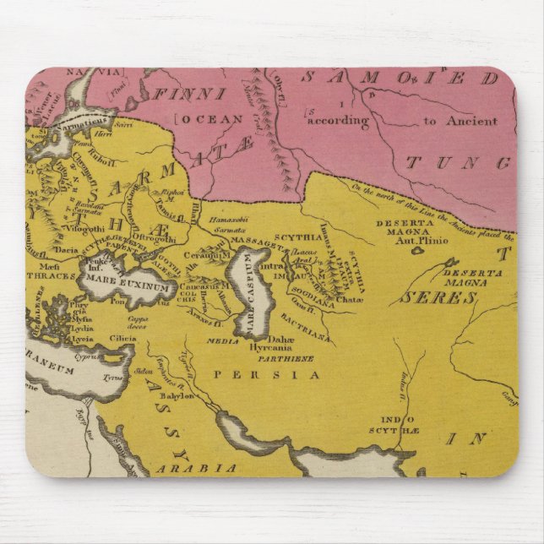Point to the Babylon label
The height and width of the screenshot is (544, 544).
click(178, 395)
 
